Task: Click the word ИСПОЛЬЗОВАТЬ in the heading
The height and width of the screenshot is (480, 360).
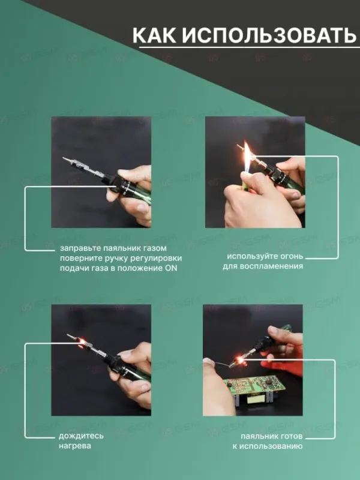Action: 268,35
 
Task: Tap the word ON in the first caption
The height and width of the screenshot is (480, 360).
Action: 171,268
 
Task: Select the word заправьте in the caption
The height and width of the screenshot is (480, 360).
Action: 78,248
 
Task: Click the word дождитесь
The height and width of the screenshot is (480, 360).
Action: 81,436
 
